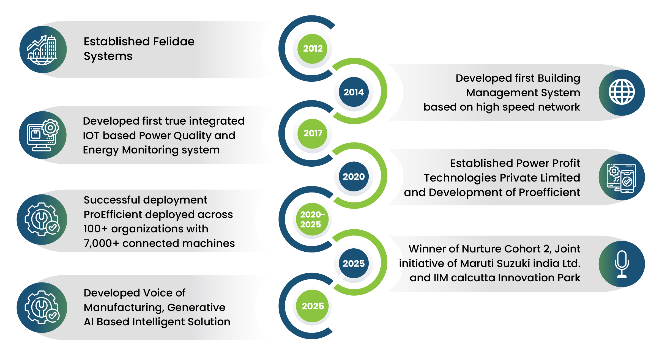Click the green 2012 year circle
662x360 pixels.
[313, 49]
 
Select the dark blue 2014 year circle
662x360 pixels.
[354, 92]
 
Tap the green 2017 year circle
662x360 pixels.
[313, 133]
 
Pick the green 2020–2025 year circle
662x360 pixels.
[312, 219]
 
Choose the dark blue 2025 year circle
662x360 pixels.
[354, 263]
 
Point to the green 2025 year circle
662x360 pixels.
[313, 306]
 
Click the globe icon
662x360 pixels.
[622, 92]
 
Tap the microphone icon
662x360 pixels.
[622, 264]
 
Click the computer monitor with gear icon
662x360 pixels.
[43, 135]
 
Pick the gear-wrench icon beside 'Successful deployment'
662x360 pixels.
[42, 219]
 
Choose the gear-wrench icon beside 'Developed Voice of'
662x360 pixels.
[42, 307]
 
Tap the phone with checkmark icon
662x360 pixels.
[622, 177]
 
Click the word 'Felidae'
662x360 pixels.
[174, 42]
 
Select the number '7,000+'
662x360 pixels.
[101, 243]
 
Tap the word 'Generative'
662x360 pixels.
[196, 307]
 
